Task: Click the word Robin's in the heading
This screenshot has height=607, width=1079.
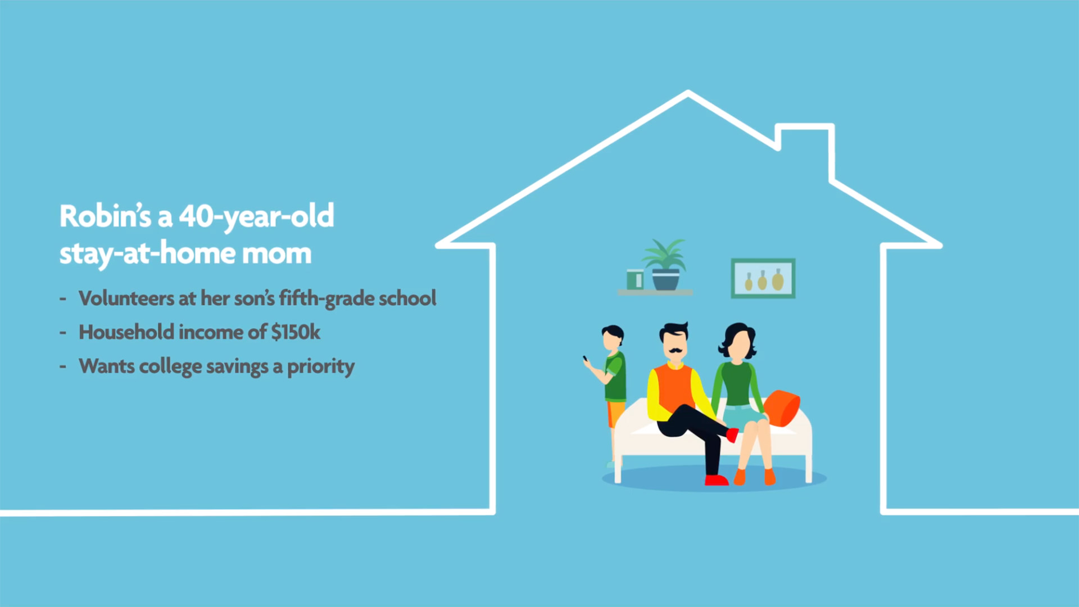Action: [x=105, y=216]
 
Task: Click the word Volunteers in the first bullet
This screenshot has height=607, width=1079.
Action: [x=126, y=298]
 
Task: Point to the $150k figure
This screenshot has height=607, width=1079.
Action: [x=296, y=332]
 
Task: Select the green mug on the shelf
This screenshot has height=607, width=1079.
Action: [x=634, y=279]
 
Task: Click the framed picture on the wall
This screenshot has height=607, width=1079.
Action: [x=763, y=278]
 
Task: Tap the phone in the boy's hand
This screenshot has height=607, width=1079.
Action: [x=585, y=359]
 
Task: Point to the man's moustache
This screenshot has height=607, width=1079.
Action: [x=675, y=351]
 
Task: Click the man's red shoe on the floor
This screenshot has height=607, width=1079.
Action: [x=717, y=480]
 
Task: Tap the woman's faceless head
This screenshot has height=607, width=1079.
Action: [x=738, y=341]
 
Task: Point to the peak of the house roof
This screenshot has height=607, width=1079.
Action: [x=688, y=93]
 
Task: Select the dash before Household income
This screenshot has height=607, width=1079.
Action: [x=63, y=333]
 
